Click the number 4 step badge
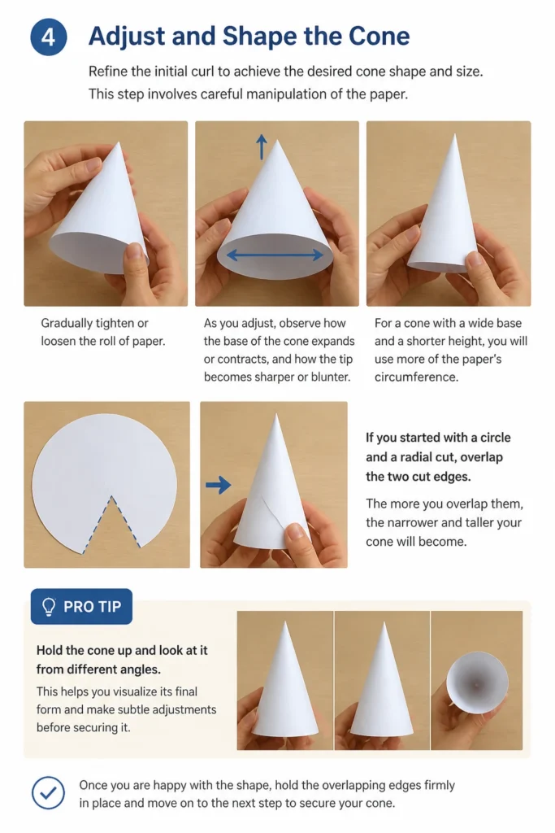click(x=48, y=37)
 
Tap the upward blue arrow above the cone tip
click(x=261, y=146)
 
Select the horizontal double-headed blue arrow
click(x=275, y=255)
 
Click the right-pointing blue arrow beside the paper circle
click(x=218, y=485)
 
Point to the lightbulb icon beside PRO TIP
click(x=48, y=607)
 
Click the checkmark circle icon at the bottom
click(x=48, y=792)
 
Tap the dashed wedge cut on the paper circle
click(x=111, y=521)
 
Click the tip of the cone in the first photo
click(x=119, y=142)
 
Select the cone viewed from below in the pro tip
click(x=477, y=681)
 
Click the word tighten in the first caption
click(x=115, y=323)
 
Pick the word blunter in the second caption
click(x=330, y=377)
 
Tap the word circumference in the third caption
click(x=416, y=377)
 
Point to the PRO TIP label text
click(x=93, y=607)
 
